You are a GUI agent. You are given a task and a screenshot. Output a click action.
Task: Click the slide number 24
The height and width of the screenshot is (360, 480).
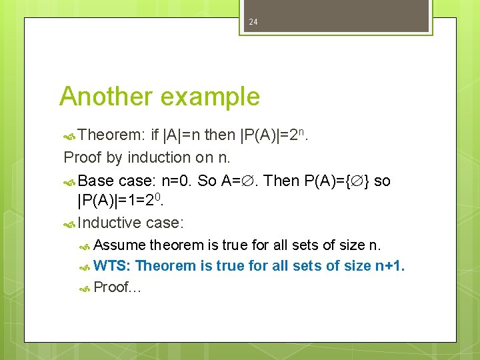click(x=253, y=22)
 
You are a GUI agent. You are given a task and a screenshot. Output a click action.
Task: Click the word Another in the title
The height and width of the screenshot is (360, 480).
click(x=105, y=97)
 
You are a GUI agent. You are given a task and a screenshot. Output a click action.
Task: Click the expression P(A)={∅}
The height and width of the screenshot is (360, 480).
click(x=337, y=180)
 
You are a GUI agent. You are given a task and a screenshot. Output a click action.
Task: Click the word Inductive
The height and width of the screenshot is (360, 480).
click(x=109, y=223)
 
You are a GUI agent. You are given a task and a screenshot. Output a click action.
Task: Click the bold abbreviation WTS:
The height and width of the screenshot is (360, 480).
click(x=113, y=266)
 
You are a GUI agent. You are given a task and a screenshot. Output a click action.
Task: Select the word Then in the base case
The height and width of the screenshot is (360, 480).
click(x=282, y=180)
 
